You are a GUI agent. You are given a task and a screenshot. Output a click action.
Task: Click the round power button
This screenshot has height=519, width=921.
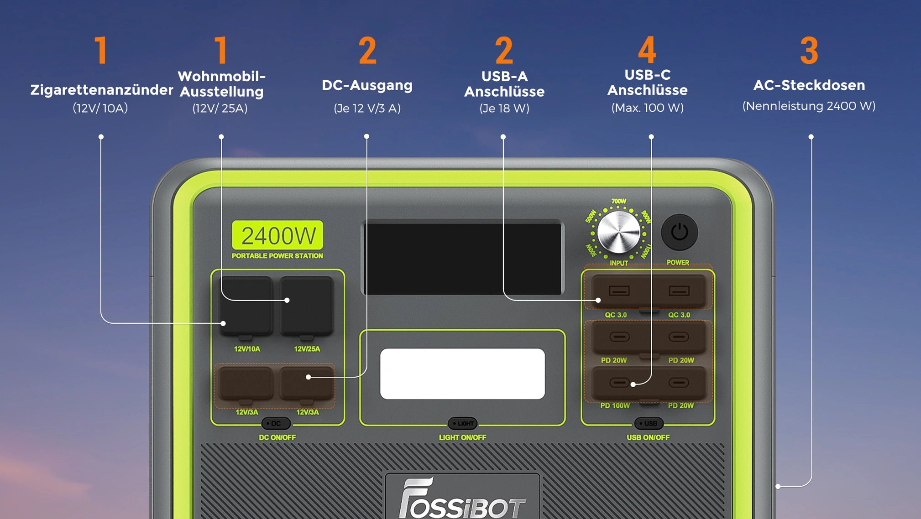[x=679, y=232]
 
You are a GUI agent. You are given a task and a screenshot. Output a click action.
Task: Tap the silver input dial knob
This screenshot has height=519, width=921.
[x=619, y=232]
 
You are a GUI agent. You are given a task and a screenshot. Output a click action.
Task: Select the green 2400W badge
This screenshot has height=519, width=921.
[x=277, y=235]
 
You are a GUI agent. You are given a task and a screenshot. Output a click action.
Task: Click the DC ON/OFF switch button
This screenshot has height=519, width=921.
[x=276, y=424]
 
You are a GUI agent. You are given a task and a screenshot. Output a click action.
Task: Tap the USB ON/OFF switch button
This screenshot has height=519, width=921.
[x=649, y=424]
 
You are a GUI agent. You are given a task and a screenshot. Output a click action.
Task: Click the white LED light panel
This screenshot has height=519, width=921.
[x=462, y=374]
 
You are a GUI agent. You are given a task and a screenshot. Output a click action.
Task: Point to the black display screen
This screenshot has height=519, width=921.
[x=463, y=258]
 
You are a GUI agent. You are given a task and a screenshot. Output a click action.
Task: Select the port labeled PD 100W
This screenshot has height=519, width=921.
[x=619, y=383]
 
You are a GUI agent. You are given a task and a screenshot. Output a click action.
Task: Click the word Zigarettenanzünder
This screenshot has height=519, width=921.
[x=102, y=90]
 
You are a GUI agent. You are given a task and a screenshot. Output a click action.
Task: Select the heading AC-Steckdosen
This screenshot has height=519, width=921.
[x=809, y=85]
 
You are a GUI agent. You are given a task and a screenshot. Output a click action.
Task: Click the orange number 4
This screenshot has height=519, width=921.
[x=647, y=50]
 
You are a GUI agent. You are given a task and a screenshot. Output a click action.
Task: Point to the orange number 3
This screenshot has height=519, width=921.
[x=809, y=50]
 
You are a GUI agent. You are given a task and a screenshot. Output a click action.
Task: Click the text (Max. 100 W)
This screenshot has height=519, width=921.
[x=648, y=108]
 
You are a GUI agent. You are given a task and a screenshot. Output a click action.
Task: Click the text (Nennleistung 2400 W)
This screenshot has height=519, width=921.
[x=809, y=106]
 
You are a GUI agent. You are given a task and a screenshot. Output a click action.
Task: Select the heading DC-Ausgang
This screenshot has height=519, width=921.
[x=367, y=86]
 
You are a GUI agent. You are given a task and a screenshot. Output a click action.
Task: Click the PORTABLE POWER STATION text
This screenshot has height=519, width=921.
[x=277, y=256]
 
